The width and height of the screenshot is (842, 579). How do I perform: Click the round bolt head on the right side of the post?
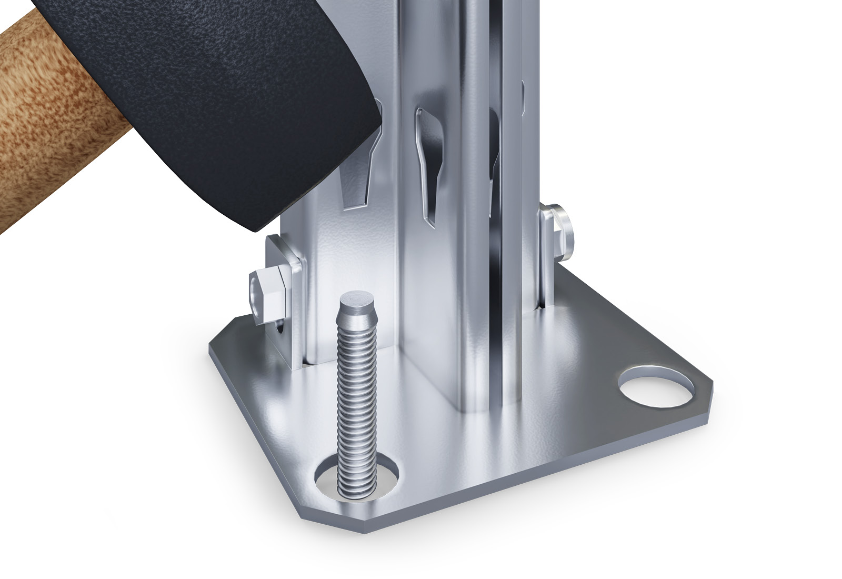pyautogui.click(x=564, y=232)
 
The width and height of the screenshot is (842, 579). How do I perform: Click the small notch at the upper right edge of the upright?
pyautogui.click(x=523, y=95)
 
